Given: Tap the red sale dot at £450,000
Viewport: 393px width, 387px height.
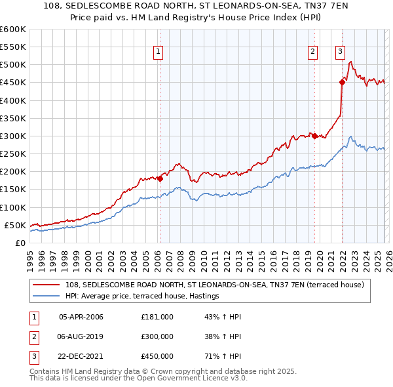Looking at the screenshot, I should tap(342, 82).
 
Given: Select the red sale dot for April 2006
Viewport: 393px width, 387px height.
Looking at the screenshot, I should tap(160, 178).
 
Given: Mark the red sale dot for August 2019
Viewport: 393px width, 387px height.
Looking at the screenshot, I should tap(314, 136).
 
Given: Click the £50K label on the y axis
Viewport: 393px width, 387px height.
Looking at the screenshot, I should tap(15, 225).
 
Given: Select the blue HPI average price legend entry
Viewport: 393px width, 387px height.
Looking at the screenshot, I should tap(142, 296).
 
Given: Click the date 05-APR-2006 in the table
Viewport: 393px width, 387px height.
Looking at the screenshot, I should tap(81, 317).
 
